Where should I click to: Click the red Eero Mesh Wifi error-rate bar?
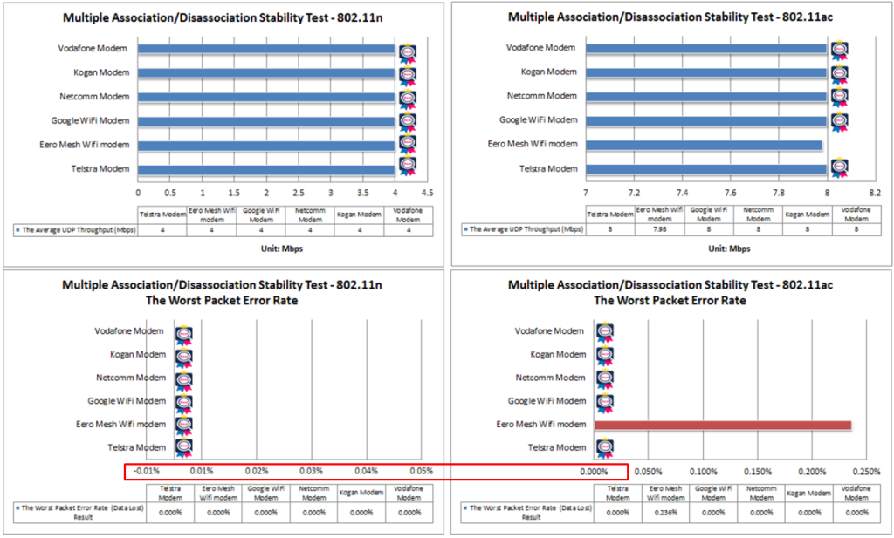coord(723,425)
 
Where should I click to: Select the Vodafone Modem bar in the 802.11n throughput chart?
coord(266,49)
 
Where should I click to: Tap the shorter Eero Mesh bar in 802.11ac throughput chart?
coord(704,145)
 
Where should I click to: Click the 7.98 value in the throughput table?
coord(660,229)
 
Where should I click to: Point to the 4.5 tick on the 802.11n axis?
coord(426,191)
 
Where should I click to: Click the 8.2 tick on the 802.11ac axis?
coord(874,191)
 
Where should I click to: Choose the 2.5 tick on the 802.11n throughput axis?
coord(298,191)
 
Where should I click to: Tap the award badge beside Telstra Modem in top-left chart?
coord(408,166)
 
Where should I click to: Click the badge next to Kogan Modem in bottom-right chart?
coord(604,355)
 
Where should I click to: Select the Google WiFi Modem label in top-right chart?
coord(538,120)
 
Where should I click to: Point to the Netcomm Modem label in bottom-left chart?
coord(131,378)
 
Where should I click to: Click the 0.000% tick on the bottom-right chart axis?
coord(594,472)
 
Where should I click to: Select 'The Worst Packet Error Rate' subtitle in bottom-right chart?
coord(670,300)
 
